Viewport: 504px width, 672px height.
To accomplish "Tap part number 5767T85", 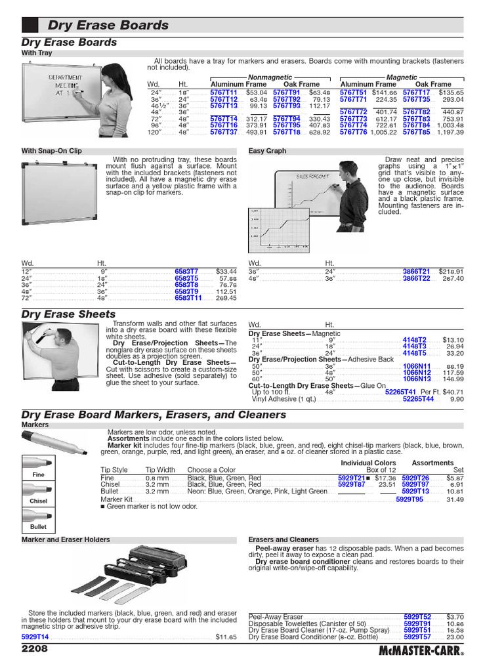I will tap(417, 132).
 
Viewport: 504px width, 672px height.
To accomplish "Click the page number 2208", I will tap(34, 648).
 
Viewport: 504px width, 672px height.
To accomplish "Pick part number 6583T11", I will tap(188, 297).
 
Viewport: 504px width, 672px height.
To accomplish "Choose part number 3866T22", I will tap(416, 278).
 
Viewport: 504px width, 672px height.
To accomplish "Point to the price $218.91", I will tap(451, 271).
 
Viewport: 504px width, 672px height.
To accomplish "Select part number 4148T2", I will tap(414, 339).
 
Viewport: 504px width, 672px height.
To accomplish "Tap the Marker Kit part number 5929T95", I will tap(409, 499).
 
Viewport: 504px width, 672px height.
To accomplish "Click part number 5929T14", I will tap(35, 637).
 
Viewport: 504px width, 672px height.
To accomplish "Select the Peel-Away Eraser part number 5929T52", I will tap(417, 617).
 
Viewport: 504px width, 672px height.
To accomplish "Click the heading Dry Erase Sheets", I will tap(68, 314).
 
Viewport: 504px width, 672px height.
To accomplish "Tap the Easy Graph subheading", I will tap(267, 151).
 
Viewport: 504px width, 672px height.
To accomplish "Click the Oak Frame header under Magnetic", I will tap(433, 85).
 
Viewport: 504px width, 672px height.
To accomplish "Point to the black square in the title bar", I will tap(30, 26).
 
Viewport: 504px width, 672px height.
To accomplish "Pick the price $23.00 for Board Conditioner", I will tap(455, 637).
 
